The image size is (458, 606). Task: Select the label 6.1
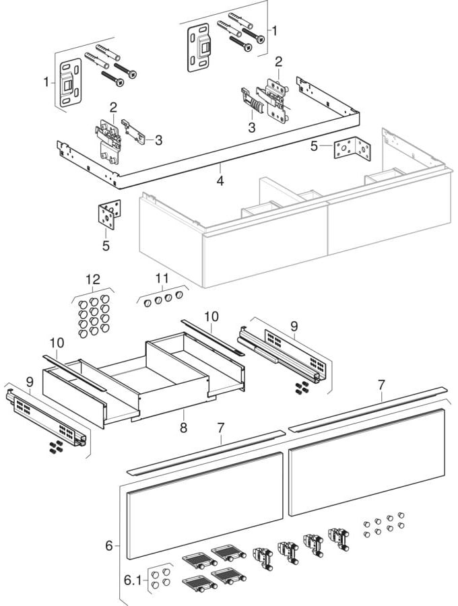click(134, 578)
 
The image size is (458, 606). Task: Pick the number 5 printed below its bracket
click(106, 246)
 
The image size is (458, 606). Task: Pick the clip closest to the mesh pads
click(261, 557)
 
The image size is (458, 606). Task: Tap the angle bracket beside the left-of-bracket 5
click(351, 149)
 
